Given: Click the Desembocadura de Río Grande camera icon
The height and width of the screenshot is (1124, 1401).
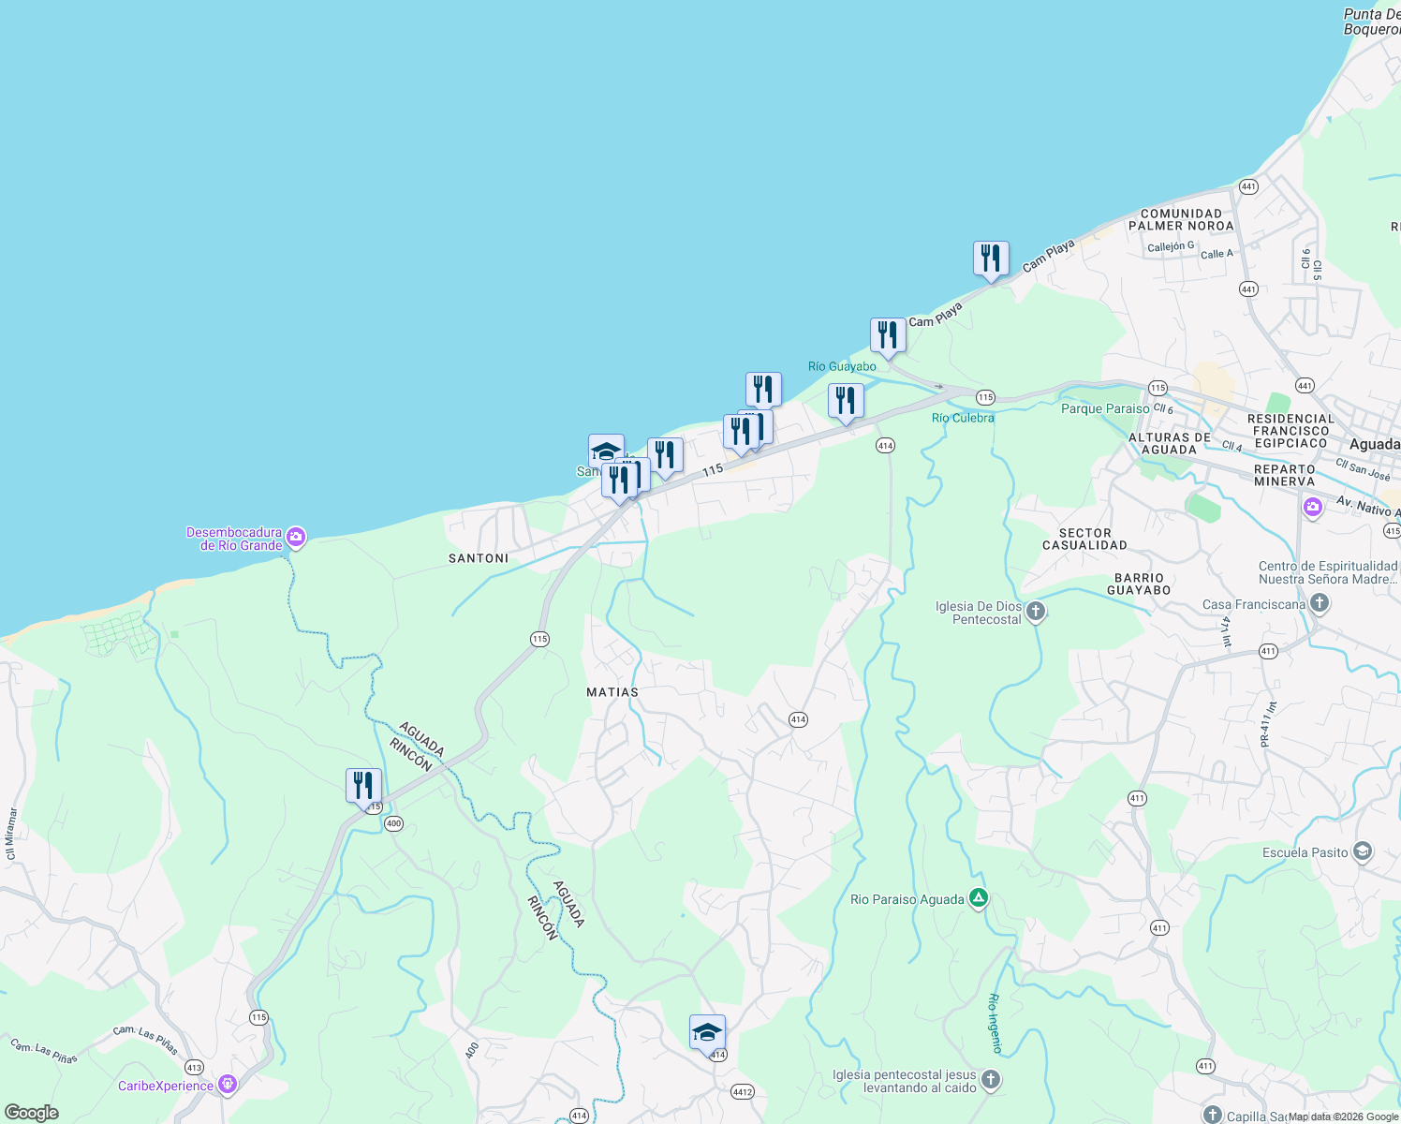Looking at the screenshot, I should click(296, 538).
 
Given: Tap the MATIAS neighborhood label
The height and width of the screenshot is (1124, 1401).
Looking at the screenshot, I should click(612, 692).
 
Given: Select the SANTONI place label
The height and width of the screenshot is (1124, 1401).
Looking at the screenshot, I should click(479, 558).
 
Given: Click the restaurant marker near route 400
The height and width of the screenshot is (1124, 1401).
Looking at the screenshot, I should click(363, 786).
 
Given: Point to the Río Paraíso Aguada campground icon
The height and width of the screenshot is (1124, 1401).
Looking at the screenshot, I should click(978, 899).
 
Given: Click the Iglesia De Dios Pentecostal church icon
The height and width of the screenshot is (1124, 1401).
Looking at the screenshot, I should click(1035, 613).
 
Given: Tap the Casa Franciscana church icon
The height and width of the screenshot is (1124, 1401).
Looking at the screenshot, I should click(1319, 604).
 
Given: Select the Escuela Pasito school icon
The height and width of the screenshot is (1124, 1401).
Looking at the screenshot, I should click(1362, 852).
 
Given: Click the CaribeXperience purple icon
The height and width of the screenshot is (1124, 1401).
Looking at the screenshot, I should click(227, 1086).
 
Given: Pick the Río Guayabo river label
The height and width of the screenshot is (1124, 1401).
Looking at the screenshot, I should click(842, 366).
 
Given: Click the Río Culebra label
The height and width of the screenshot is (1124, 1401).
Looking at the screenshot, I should click(963, 418).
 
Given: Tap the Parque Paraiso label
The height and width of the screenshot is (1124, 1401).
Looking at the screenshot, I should click(1105, 409).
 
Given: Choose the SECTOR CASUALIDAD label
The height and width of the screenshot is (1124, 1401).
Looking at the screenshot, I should click(1084, 539).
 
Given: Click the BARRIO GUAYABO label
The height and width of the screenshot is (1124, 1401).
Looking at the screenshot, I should click(1139, 584).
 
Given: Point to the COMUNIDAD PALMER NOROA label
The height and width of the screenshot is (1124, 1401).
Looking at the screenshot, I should click(1181, 219).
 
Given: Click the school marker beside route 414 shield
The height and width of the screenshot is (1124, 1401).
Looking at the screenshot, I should click(707, 1033).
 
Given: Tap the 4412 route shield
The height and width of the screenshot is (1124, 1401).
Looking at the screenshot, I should click(743, 1092).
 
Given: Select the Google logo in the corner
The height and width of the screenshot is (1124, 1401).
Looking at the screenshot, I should click(32, 1113).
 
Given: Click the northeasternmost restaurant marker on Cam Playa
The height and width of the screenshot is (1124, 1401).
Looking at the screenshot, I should click(991, 259).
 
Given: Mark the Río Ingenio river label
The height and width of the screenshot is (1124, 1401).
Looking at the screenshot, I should click(995, 1023).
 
